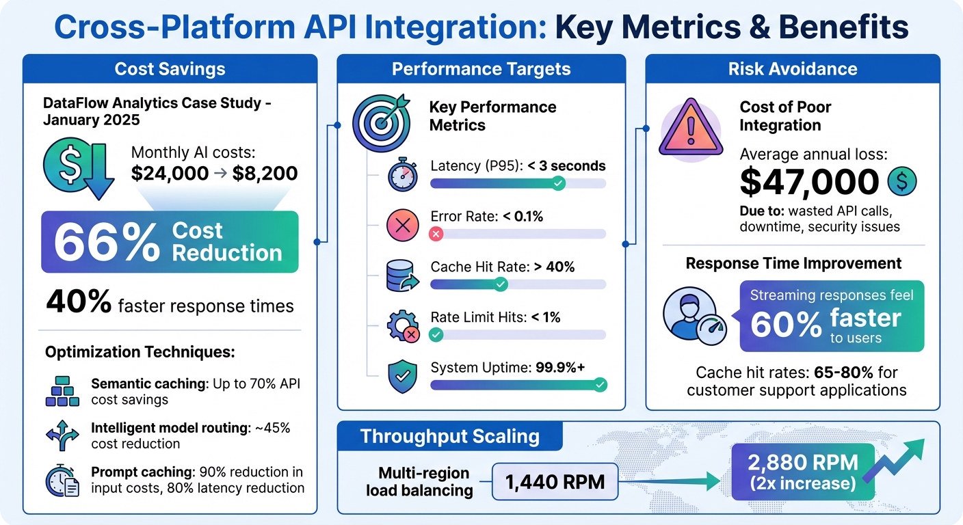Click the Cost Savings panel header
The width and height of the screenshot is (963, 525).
[x=170, y=69]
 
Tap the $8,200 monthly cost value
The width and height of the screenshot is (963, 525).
[x=265, y=173]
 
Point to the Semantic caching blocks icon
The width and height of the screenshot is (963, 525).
[x=62, y=390]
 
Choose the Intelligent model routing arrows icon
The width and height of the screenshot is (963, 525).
[x=62, y=435]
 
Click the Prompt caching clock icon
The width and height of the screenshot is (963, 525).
[x=62, y=480]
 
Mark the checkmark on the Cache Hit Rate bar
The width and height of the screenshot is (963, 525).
[x=501, y=284]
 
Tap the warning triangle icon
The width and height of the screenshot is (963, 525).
[x=689, y=129]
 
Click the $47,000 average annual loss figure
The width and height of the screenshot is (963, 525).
[x=809, y=182]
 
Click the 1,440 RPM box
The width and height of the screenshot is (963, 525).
[x=555, y=482]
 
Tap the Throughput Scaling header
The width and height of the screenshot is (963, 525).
[x=449, y=437]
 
